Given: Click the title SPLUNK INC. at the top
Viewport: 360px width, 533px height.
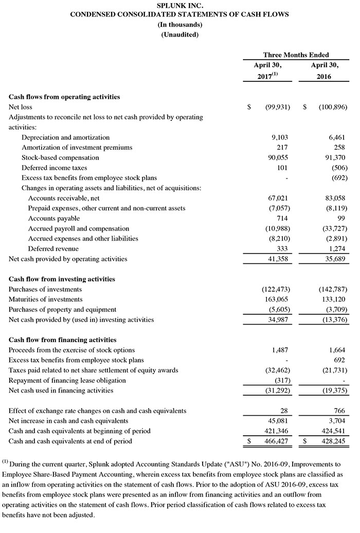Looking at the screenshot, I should pyautogui.click(x=179, y=6).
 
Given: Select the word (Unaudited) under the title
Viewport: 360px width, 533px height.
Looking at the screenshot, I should pyautogui.click(x=179, y=34).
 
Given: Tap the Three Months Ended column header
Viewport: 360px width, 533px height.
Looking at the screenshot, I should pyautogui.click(x=296, y=55).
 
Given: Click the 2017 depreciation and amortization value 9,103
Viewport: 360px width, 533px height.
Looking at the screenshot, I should pyautogui.click(x=281, y=137).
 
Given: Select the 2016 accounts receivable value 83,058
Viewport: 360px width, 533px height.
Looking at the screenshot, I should pyautogui.click(x=336, y=198).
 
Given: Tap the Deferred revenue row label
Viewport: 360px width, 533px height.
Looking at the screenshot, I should pyautogui.click(x=53, y=248).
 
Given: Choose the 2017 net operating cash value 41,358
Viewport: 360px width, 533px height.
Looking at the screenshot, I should pyautogui.click(x=279, y=259).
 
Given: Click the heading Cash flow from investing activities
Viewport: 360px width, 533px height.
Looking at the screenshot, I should pyautogui.click(x=62, y=279).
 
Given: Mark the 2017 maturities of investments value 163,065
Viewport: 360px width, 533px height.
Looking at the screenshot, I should pyautogui.click(x=278, y=299).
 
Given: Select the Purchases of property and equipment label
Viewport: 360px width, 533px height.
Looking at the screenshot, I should pyautogui.click(x=63, y=310).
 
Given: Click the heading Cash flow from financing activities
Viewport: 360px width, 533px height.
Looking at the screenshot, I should pyautogui.click(x=62, y=340).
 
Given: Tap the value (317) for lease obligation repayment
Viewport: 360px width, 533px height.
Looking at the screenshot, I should pyautogui.click(x=282, y=380).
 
